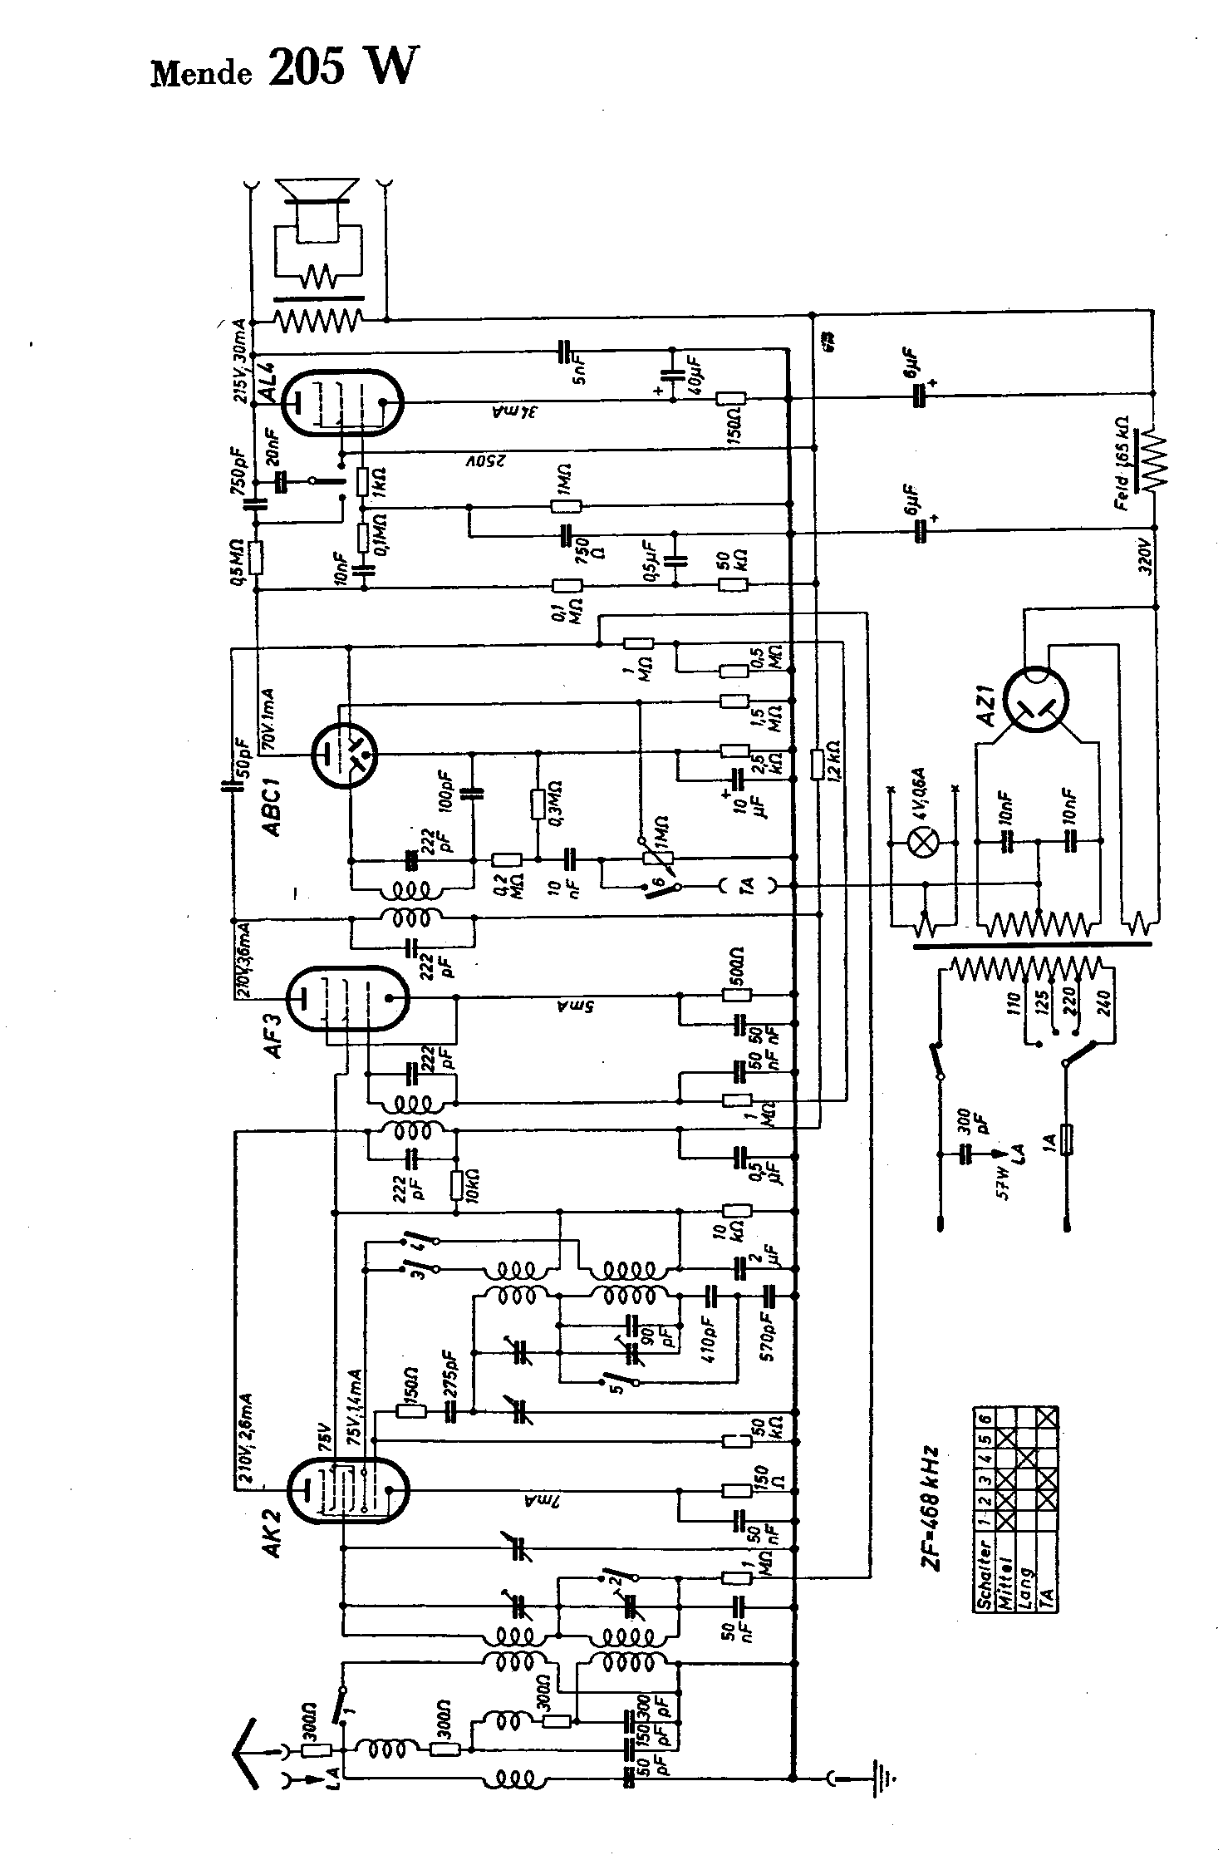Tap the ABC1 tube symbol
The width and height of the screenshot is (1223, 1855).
344,755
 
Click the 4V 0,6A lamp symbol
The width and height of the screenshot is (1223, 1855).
921,843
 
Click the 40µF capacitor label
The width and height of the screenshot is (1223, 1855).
694,376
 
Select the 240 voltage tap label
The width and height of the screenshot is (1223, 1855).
1103,1005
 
